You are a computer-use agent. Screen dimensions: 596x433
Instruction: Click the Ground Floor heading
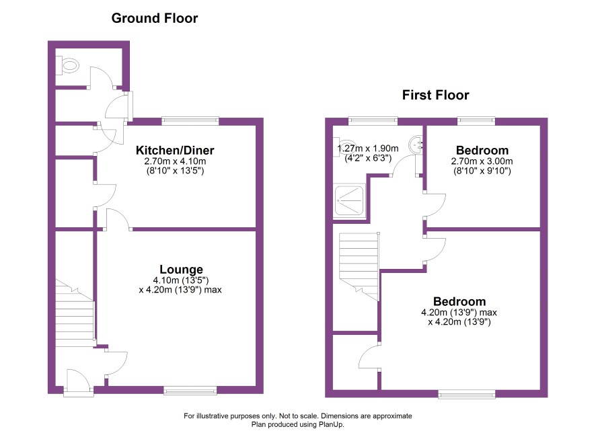tap(154, 18)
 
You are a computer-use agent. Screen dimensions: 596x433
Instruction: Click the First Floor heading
tap(436, 95)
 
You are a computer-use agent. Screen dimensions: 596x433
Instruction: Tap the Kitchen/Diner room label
tap(175, 150)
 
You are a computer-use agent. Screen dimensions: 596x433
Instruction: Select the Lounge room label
tap(181, 270)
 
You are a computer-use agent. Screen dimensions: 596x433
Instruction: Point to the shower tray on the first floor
tap(349, 201)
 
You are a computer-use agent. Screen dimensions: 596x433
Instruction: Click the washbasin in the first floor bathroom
tap(416, 145)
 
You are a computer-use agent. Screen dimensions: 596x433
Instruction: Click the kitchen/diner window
tap(190, 121)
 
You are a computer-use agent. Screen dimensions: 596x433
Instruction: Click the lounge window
tap(190, 390)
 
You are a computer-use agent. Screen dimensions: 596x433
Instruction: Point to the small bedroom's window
tap(476, 121)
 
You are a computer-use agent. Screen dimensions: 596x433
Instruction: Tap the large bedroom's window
tap(467, 394)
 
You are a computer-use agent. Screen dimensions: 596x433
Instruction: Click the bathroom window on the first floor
tap(373, 121)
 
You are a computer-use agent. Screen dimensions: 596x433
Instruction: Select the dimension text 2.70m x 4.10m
tap(175, 161)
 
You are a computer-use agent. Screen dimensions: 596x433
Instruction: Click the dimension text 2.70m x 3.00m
tap(482, 161)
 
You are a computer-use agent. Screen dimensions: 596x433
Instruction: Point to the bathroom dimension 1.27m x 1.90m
tap(368, 149)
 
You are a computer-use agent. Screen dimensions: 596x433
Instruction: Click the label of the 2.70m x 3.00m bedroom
tap(482, 150)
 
